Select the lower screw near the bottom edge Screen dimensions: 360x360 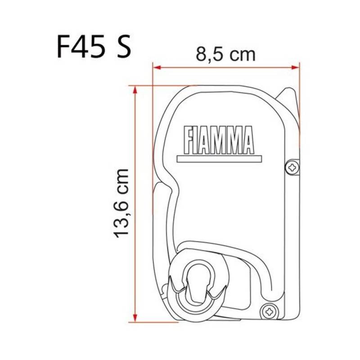(270, 310)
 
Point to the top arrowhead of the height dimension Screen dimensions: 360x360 (134, 89)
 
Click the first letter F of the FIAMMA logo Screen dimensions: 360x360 (188, 139)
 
